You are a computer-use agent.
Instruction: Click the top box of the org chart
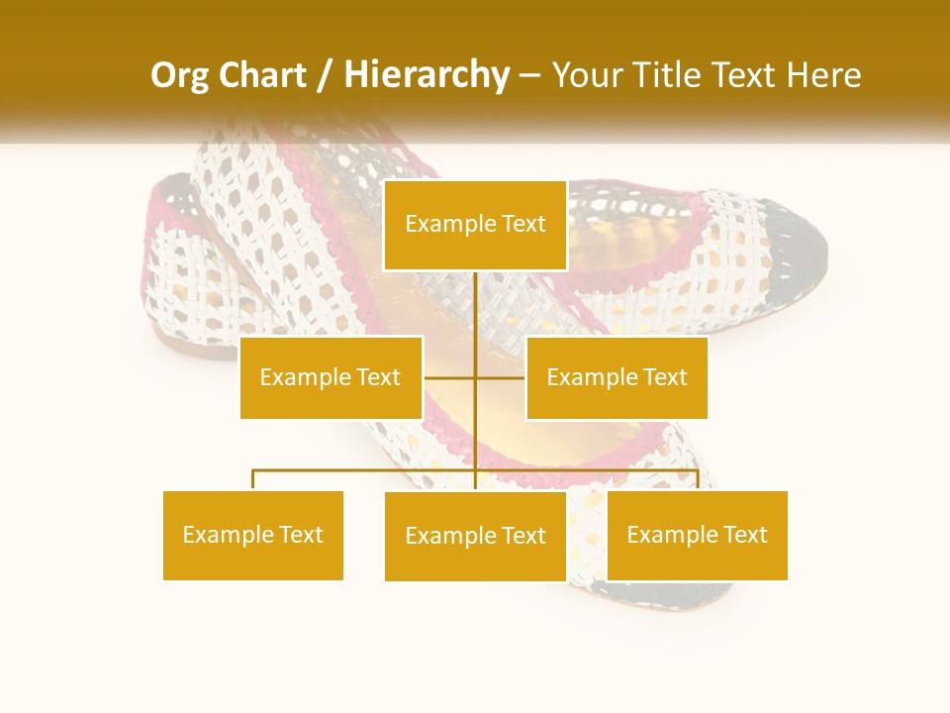point(475,225)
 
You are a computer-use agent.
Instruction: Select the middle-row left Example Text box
point(331,377)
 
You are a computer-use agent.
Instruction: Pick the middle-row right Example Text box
point(617,377)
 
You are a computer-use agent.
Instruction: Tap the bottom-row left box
point(253,535)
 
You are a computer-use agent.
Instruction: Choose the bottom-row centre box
point(475,536)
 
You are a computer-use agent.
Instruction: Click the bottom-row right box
point(697,535)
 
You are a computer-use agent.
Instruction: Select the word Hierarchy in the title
point(426,75)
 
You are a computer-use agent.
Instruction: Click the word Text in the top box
point(523,225)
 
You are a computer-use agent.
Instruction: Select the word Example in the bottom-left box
point(227,535)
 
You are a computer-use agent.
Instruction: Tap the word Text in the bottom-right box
point(745,535)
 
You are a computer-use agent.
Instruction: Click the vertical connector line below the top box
point(475,307)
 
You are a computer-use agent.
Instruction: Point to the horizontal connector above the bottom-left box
point(327,471)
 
